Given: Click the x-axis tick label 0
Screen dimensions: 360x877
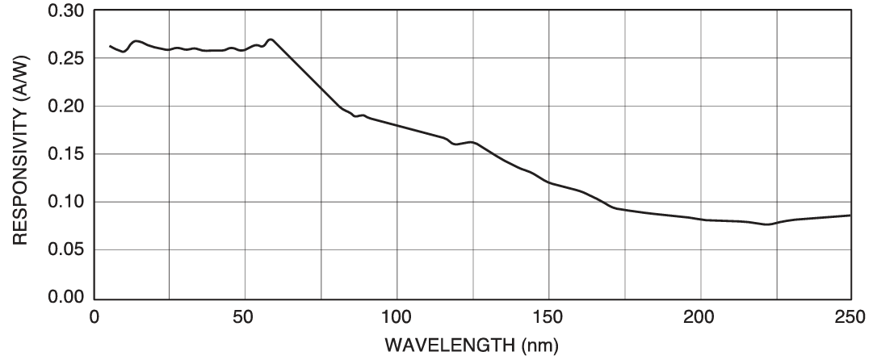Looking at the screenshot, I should (x=94, y=315).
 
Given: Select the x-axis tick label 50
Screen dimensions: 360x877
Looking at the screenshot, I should (x=245, y=315).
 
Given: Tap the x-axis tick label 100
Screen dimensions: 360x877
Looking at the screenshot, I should (x=397, y=315).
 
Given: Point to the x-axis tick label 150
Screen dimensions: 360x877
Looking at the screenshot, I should (x=548, y=315).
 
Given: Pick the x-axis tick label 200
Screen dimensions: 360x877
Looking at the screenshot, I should (x=699, y=315).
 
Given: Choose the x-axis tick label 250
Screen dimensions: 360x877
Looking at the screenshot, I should (x=850, y=315).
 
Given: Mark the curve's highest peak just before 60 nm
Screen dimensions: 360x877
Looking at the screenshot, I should (x=271, y=39).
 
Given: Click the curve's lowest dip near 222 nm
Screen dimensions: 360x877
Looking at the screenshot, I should (x=767, y=224).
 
